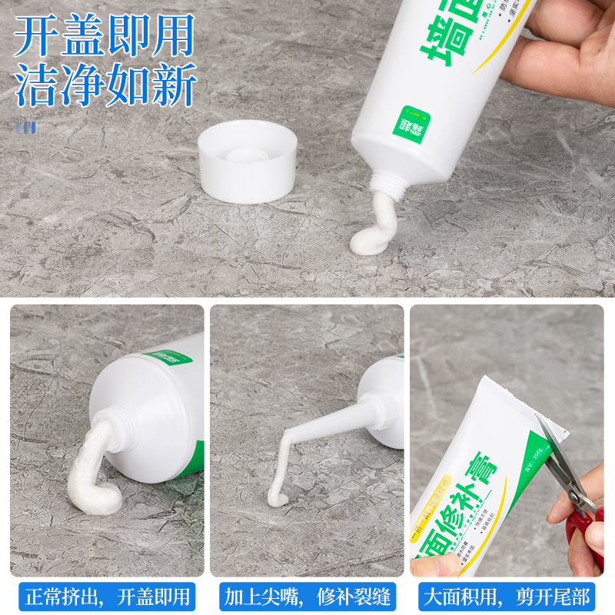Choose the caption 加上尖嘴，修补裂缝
coord(307,596)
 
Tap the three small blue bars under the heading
coord(25,127)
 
